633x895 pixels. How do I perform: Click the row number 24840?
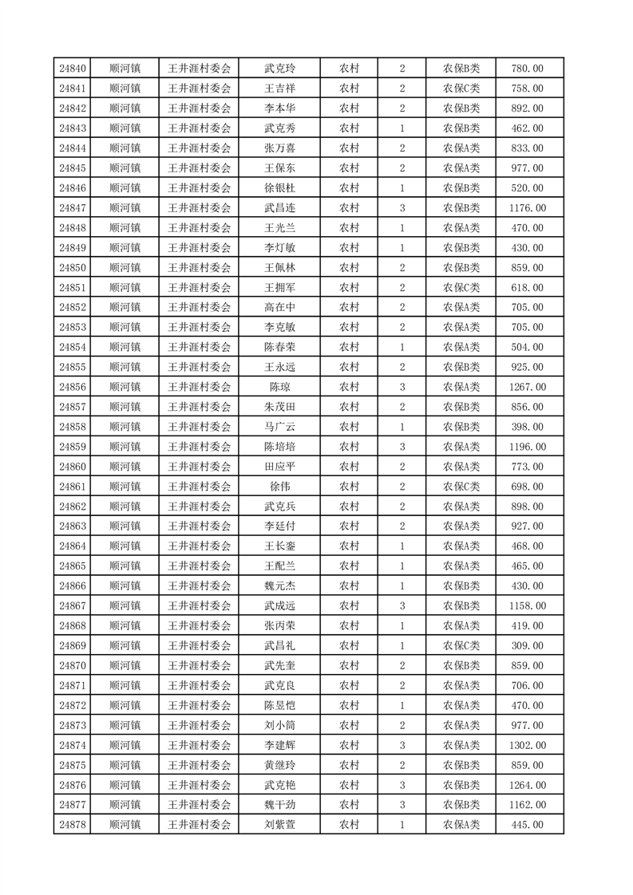click(73, 69)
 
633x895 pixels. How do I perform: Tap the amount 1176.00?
click(527, 208)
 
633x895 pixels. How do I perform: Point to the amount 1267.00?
click(527, 387)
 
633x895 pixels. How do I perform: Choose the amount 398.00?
click(527, 427)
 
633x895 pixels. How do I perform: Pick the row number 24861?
click(73, 487)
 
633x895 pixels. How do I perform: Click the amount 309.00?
click(527, 645)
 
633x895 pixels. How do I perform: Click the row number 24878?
click(73, 825)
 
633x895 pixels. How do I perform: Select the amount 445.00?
click(527, 825)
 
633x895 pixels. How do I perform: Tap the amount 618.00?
click(527, 288)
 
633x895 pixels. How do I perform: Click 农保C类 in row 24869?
click(461, 645)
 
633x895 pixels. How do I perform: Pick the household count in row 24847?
click(402, 208)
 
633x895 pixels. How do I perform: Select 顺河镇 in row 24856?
click(125, 387)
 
